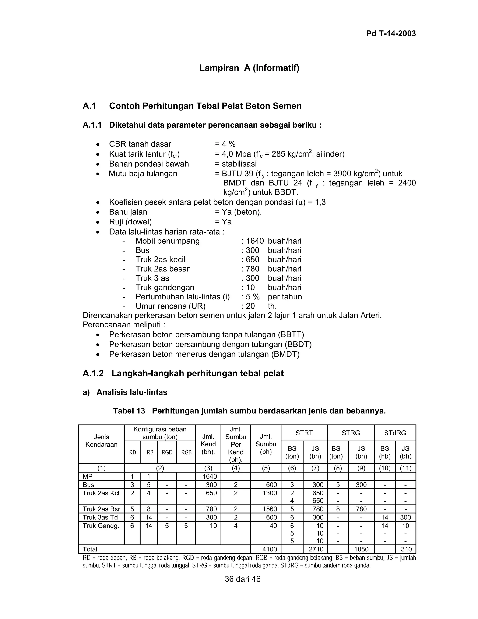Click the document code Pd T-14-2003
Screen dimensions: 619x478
(391, 33)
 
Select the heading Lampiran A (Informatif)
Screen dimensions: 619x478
(249, 68)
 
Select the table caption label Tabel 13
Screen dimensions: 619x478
(129, 411)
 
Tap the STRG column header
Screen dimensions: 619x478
(351, 433)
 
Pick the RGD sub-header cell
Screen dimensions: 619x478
(167, 452)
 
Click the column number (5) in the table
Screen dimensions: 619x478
(266, 468)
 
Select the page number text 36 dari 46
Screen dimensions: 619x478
(243, 579)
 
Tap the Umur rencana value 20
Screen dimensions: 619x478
(250, 306)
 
